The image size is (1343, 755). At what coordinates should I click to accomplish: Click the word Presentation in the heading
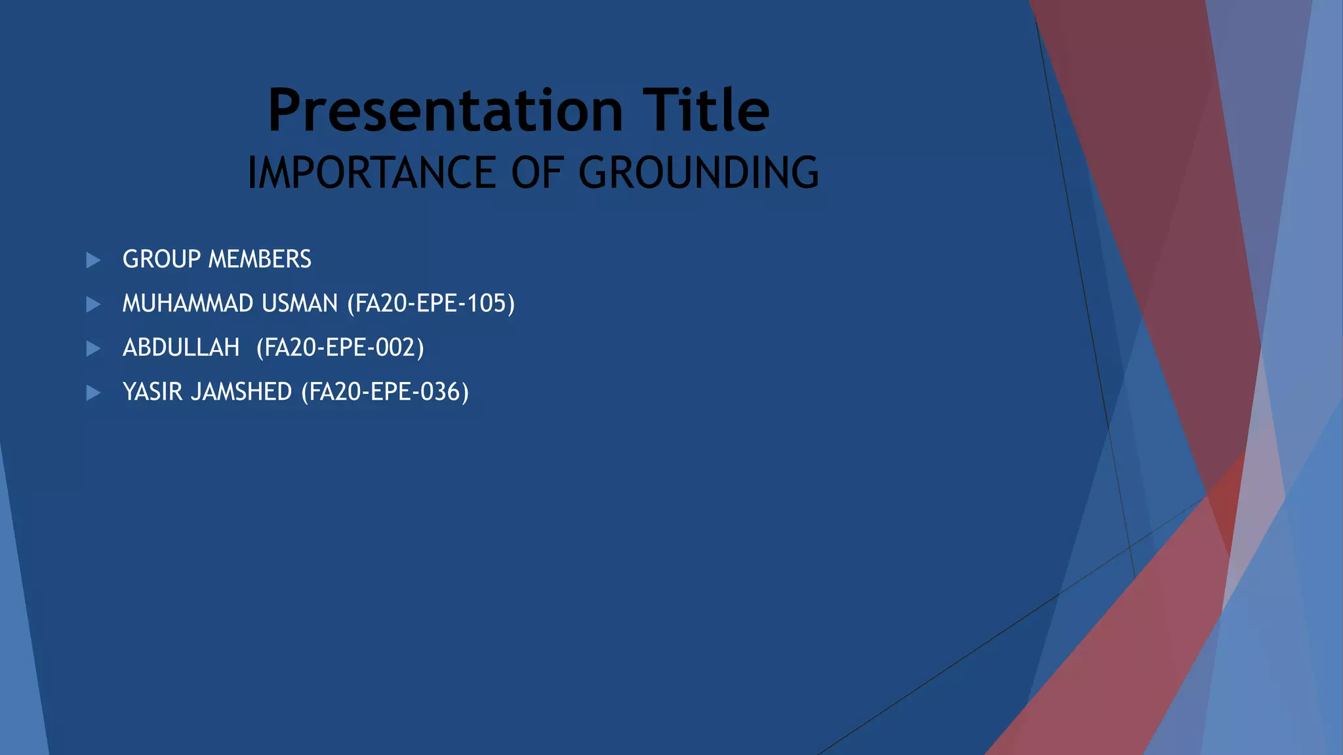pos(445,111)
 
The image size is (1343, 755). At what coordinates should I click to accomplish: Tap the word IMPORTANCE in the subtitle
pos(372,173)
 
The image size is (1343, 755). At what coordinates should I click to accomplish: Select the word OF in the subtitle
pos(537,173)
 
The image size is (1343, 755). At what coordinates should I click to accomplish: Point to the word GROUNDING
pos(698,173)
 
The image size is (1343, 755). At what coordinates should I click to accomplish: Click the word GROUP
pos(161,260)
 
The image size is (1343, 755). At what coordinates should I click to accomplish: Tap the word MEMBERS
pos(260,260)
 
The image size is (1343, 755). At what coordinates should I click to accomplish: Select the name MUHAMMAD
pos(188,303)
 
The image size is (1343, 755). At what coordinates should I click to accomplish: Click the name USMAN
pos(300,303)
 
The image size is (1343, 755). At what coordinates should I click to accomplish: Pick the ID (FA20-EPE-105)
pos(431,303)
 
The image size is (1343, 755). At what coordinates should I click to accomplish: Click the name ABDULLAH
pos(181,347)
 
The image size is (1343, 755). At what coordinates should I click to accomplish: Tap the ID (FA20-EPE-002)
pos(340,347)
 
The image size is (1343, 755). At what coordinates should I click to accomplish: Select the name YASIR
pos(152,392)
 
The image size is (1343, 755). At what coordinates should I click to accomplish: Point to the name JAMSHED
pos(241,392)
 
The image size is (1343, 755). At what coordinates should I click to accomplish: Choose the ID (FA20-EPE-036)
pos(385,392)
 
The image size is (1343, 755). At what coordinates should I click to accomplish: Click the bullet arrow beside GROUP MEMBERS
pos(93,260)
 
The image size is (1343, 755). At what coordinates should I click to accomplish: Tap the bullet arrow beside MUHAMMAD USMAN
pos(93,304)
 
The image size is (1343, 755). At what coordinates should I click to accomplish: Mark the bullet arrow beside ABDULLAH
pos(93,348)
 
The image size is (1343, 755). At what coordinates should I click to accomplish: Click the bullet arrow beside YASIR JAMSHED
pos(93,393)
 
